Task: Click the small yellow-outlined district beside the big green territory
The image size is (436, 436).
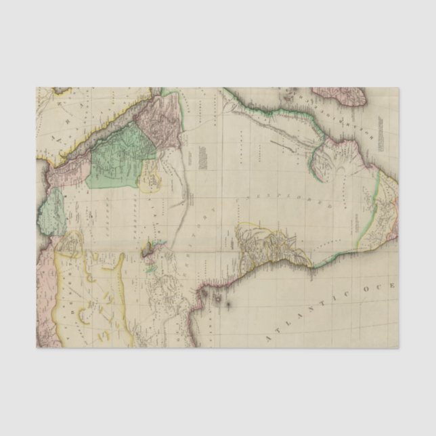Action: (150, 180)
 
